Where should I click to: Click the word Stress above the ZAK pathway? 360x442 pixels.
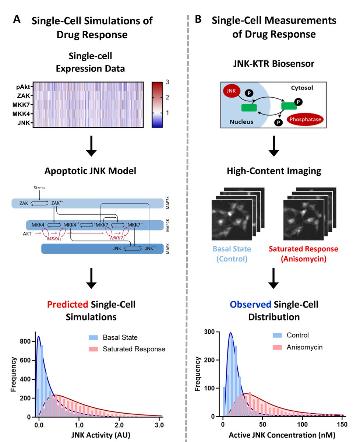point(39,188)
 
